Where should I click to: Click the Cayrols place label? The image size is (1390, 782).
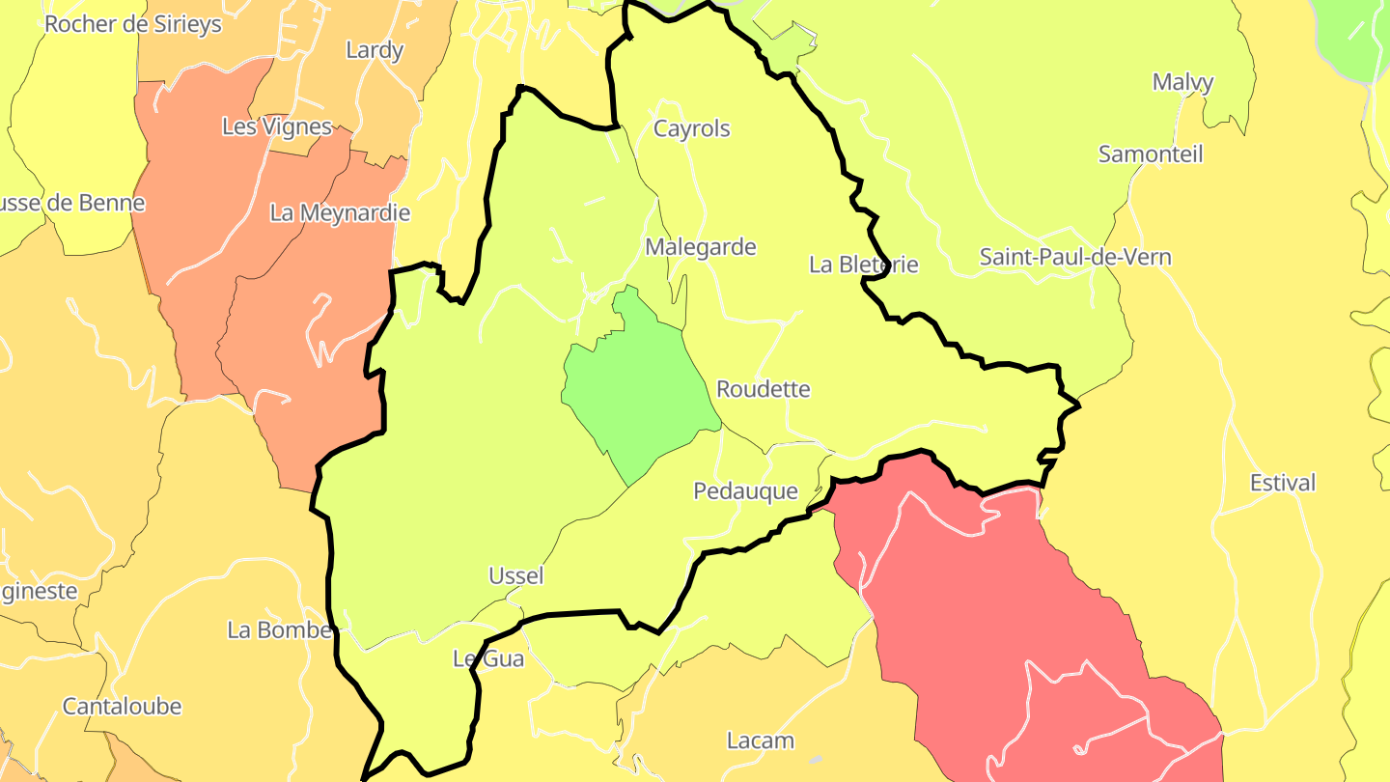coord(692,128)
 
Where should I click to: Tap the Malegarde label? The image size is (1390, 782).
coord(701,247)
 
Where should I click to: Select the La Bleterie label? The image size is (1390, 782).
coord(864,265)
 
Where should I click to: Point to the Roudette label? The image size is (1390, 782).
coord(764,389)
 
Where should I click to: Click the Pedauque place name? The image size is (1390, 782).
coord(746,491)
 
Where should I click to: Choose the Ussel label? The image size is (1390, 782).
coord(516,576)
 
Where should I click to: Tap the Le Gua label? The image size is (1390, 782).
coord(488,659)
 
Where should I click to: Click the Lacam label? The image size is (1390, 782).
coord(761,740)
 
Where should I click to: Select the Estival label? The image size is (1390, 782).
coord(1283,483)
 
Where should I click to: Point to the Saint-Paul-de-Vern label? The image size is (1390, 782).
coord(1075,257)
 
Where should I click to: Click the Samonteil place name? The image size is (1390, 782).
coord(1151,154)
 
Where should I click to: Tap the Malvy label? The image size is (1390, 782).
coord(1182,82)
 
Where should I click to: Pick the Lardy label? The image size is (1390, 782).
coord(375,50)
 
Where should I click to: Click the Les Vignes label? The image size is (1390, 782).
coord(277,126)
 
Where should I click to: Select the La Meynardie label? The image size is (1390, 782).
coord(340,212)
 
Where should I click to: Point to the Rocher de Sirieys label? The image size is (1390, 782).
coord(133,24)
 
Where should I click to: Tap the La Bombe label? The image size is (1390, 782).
coord(280,630)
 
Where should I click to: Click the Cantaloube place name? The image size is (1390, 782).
coord(123,707)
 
